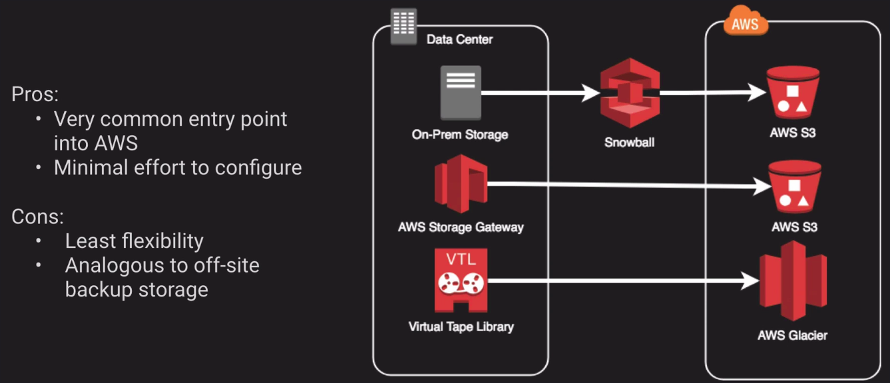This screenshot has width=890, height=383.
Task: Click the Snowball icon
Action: click(x=629, y=94)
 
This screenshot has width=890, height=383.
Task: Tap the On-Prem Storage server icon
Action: click(x=460, y=92)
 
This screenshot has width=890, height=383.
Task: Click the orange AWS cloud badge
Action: click(x=745, y=23)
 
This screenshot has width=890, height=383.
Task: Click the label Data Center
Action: click(x=459, y=39)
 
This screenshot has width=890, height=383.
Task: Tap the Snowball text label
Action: click(x=629, y=142)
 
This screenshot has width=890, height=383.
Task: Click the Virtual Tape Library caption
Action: click(x=461, y=326)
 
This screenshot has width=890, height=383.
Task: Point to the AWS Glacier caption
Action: click(x=792, y=334)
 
